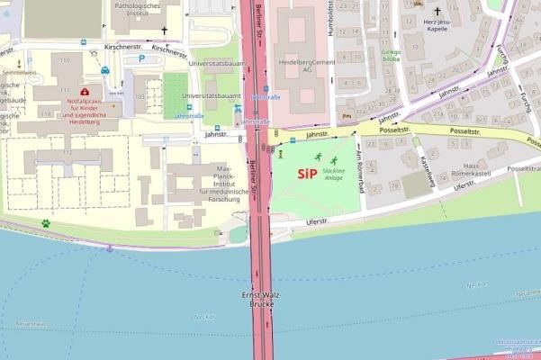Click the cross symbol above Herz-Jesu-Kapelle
point(437,11)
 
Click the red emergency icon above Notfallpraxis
point(85,92)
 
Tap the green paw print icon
point(45,222)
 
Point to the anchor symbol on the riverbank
point(110,248)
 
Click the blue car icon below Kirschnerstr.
point(105,70)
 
